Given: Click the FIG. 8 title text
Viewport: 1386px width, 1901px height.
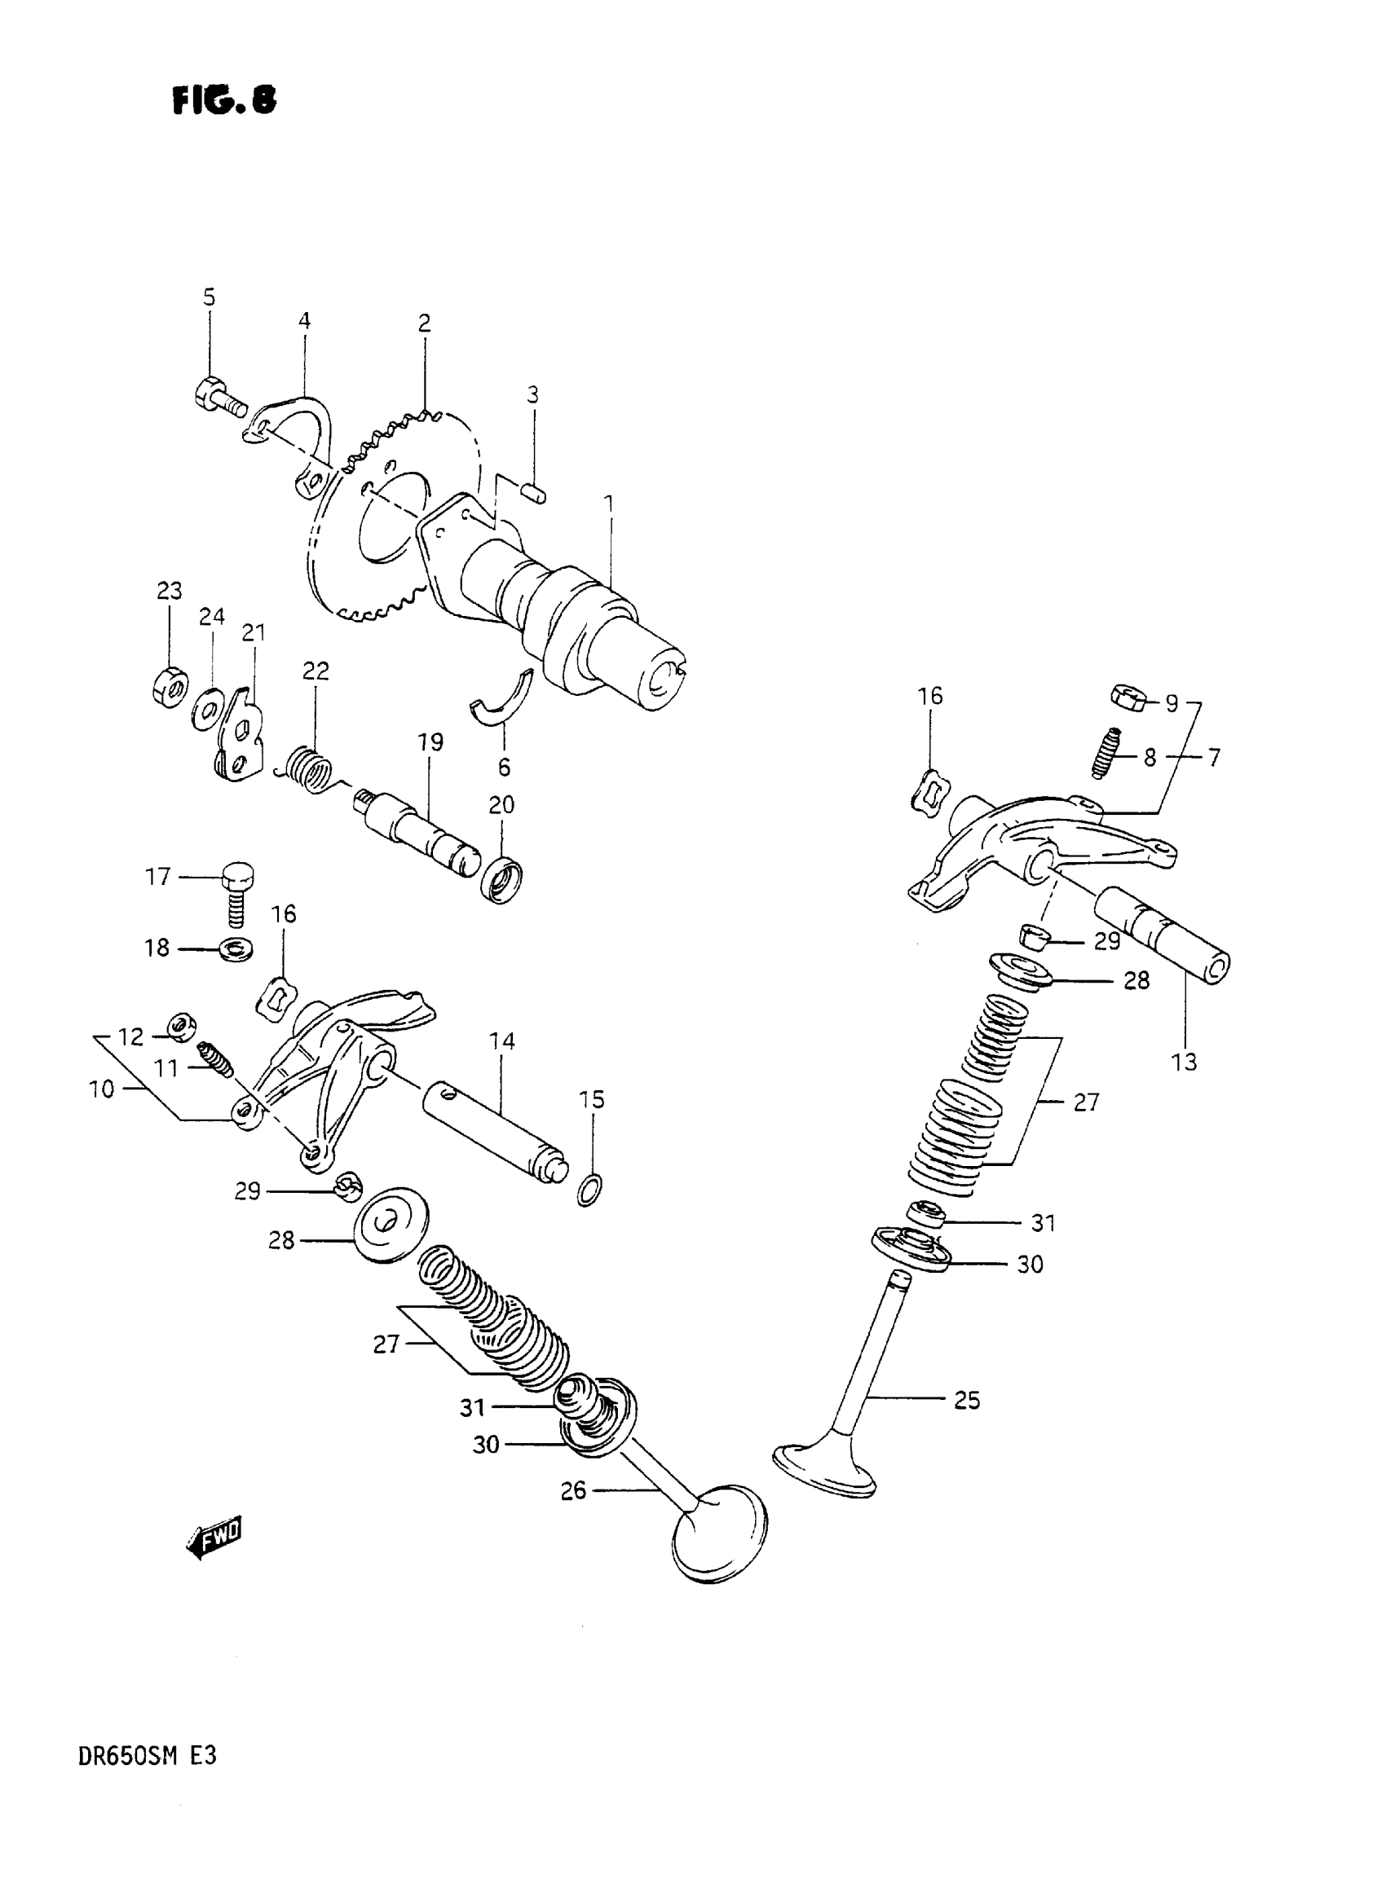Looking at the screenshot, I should pyautogui.click(x=224, y=100).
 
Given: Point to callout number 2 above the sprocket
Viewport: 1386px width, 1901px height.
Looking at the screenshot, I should pyautogui.click(x=425, y=323).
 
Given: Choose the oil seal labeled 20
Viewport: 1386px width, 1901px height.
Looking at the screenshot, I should pyautogui.click(x=501, y=881).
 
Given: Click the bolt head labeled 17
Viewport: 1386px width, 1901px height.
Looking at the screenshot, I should pyautogui.click(x=237, y=877).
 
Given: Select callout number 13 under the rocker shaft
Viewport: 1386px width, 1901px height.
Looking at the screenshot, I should pyautogui.click(x=1184, y=1063).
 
